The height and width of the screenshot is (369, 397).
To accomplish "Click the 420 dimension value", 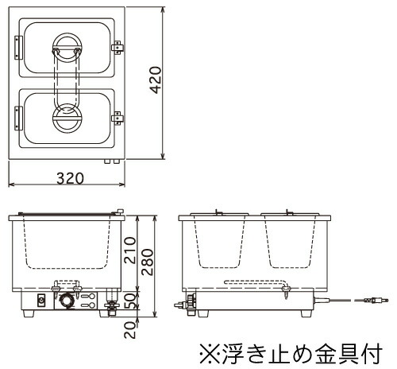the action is click(156, 80).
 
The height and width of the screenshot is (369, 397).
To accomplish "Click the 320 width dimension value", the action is click(71, 178).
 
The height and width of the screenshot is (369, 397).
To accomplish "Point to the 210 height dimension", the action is click(130, 251).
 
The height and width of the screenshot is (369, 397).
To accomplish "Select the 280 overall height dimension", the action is click(148, 262).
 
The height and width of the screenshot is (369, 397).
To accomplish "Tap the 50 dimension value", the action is click(130, 301).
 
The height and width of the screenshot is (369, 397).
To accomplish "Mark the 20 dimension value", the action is click(130, 330).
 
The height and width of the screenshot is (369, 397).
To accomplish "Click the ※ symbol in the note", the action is click(210, 353).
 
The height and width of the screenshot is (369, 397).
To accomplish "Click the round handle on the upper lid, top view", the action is click(67, 48).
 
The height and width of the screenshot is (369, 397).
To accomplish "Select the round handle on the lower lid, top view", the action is click(67, 118).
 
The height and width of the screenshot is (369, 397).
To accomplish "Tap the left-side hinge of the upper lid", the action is click(18, 48).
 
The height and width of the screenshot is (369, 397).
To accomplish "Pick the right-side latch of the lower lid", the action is click(118, 118).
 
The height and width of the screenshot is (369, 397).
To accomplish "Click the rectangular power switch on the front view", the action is click(41, 301).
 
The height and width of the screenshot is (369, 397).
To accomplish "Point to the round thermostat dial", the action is click(66, 301).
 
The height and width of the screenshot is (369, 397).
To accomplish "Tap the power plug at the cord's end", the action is click(376, 301).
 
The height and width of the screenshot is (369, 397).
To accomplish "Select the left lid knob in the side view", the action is click(218, 212).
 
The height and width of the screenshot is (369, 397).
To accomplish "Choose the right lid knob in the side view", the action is click(290, 212).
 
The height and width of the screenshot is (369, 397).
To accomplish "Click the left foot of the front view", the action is click(29, 313).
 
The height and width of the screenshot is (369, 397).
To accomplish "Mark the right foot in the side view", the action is click(306, 313).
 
